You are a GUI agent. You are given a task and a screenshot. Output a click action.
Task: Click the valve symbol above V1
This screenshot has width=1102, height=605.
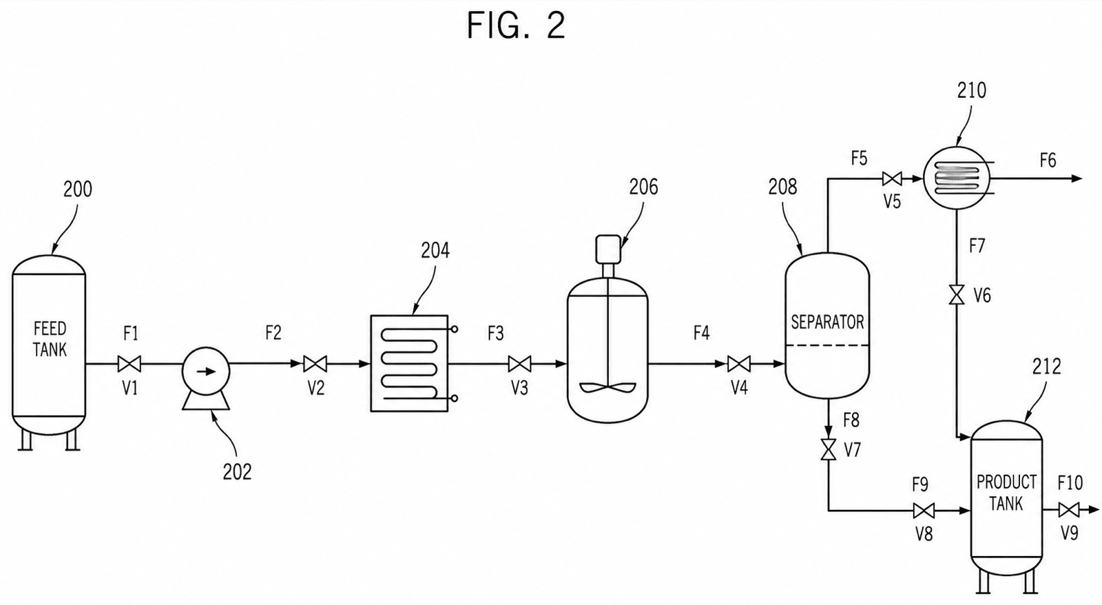click(x=129, y=364)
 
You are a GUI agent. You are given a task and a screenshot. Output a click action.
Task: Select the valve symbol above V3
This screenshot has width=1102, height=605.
click(x=519, y=364)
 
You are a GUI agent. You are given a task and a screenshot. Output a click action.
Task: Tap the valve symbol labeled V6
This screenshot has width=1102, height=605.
click(x=957, y=295)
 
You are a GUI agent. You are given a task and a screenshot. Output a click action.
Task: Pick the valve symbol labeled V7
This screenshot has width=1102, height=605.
click(x=829, y=449)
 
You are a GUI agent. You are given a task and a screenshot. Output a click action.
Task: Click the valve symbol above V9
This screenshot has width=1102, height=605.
click(x=1068, y=510)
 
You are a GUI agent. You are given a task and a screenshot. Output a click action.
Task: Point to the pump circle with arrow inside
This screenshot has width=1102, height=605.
click(x=206, y=371)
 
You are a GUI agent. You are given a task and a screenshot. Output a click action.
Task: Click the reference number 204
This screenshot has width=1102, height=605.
click(x=435, y=251)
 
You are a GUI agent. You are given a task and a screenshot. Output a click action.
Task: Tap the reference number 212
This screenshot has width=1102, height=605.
click(x=1046, y=367)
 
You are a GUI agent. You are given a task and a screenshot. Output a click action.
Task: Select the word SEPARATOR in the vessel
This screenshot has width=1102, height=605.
click(x=827, y=322)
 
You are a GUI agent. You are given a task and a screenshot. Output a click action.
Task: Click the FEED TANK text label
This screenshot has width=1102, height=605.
click(x=50, y=339)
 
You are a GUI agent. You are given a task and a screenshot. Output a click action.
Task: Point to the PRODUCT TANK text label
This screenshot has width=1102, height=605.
click(x=1006, y=492)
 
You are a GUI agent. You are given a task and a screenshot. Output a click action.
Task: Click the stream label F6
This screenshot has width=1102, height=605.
click(x=1048, y=160)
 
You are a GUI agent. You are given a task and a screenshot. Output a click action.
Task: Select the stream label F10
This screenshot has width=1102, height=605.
click(x=1070, y=483)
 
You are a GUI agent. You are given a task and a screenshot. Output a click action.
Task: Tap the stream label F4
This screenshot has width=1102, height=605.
click(x=702, y=334)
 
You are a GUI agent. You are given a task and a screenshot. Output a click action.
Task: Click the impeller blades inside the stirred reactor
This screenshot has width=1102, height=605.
click(x=608, y=387)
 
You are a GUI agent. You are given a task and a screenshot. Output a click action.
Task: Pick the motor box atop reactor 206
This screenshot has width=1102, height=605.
click(x=608, y=249)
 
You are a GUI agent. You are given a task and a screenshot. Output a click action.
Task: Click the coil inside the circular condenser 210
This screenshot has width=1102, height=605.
click(x=957, y=178)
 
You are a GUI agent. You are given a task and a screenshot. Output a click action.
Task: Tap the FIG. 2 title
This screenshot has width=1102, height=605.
click(x=516, y=25)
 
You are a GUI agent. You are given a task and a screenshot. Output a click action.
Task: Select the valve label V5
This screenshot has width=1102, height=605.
click(x=892, y=201)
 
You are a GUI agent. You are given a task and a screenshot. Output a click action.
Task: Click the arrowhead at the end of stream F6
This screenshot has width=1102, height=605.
click(x=1077, y=178)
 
